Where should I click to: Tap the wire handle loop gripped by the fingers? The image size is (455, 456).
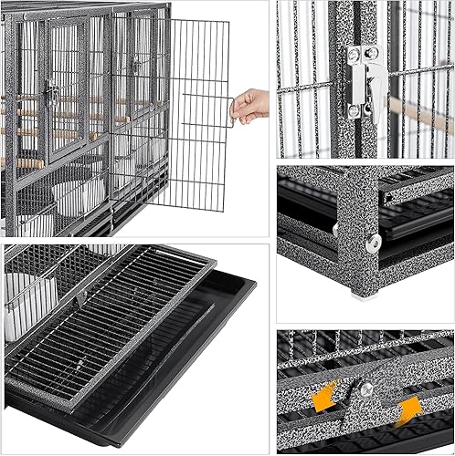(234, 110)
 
